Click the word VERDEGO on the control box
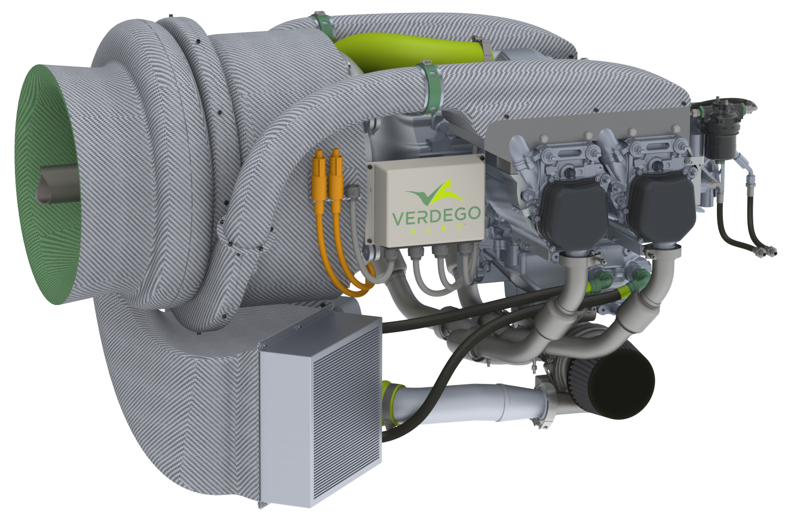(436, 216)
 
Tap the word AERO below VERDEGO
(436, 229)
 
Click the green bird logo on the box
(434, 192)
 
